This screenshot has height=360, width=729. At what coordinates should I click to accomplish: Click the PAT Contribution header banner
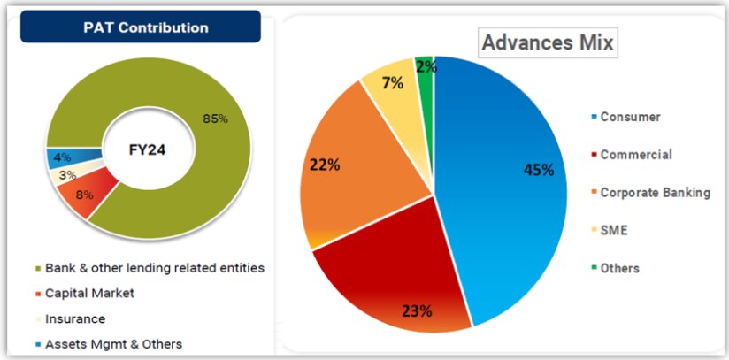[141, 27]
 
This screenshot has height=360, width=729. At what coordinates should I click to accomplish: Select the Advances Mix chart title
[548, 42]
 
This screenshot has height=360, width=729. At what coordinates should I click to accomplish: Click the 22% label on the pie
[324, 165]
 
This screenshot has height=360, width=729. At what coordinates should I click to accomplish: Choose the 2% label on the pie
[426, 67]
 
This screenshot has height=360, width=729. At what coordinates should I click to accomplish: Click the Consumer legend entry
[630, 117]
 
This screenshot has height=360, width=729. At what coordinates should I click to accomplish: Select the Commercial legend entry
[635, 155]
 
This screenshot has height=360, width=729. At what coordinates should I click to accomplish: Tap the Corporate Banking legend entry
[655, 192]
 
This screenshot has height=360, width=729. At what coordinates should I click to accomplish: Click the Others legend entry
[618, 268]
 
